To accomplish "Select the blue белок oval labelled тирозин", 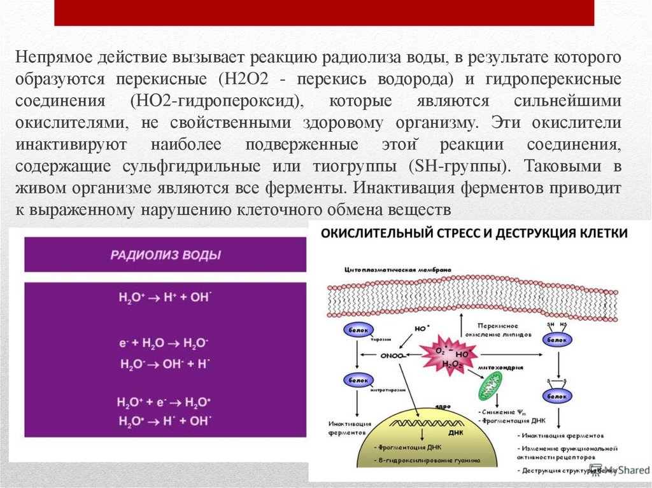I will point(355,330).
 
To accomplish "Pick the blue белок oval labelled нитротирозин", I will point(355,380).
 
